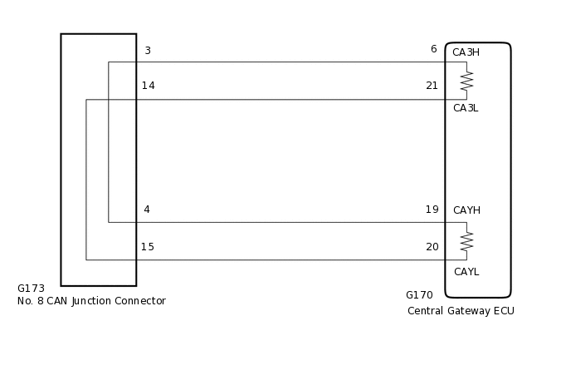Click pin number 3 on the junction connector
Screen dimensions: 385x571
[148, 51]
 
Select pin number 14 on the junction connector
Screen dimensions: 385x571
[148, 86]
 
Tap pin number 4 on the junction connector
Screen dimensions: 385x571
[147, 210]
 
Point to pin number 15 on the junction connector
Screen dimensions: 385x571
[147, 247]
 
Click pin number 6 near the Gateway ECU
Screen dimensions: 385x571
[433, 49]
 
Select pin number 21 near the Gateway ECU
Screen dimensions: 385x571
[432, 86]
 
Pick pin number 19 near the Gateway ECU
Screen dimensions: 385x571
[432, 210]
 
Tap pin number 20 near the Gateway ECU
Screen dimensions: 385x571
[432, 247]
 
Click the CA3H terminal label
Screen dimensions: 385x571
[466, 52]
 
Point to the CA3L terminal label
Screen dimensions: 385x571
[465, 108]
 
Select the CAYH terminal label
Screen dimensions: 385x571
[466, 210]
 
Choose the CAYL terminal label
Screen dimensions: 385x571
[466, 272]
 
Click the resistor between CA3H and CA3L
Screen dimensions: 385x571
[466, 81]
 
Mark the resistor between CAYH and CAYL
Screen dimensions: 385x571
[466, 241]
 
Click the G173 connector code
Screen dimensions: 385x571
[31, 289]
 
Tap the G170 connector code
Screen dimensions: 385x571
[419, 295]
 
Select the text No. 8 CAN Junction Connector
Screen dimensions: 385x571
[91, 301]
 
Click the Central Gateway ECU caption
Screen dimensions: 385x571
[461, 311]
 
